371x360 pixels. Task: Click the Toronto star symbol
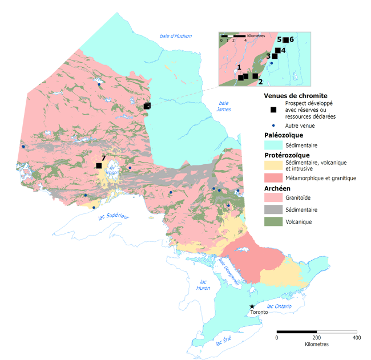252,306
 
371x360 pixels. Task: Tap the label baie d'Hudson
176,37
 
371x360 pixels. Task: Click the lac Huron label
203,285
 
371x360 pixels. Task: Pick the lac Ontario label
279,306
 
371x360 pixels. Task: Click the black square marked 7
99,165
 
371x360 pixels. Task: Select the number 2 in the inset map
260,82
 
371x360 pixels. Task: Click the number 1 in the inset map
239,67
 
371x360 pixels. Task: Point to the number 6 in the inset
291,39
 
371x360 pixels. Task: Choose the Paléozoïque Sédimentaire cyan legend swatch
273,145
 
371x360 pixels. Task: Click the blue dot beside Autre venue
273,126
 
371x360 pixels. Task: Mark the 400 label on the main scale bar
357,338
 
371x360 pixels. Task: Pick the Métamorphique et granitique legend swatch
273,178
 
